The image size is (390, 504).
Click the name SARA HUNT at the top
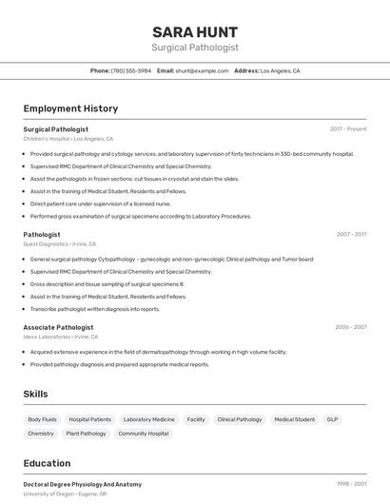195,32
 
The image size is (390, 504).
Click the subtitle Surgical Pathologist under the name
195,48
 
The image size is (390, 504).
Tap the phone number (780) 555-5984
130,70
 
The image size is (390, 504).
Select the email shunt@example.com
203,70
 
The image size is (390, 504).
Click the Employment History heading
70,108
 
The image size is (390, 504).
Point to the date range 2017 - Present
348,128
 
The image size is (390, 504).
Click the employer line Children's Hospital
68,139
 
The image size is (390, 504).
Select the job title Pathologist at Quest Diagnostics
42,234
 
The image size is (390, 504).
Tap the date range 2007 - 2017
351,234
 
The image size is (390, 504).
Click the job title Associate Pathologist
58,327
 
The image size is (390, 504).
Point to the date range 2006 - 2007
351,327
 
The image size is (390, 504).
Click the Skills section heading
35,394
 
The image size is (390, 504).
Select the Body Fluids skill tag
42,419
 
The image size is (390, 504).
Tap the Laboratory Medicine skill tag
149,419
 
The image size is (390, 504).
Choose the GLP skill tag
332,419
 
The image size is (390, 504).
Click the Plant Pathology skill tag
87,434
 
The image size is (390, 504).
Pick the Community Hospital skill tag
144,434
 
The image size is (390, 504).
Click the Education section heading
47,463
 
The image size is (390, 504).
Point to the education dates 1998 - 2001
351,484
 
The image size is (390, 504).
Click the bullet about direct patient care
100,204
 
